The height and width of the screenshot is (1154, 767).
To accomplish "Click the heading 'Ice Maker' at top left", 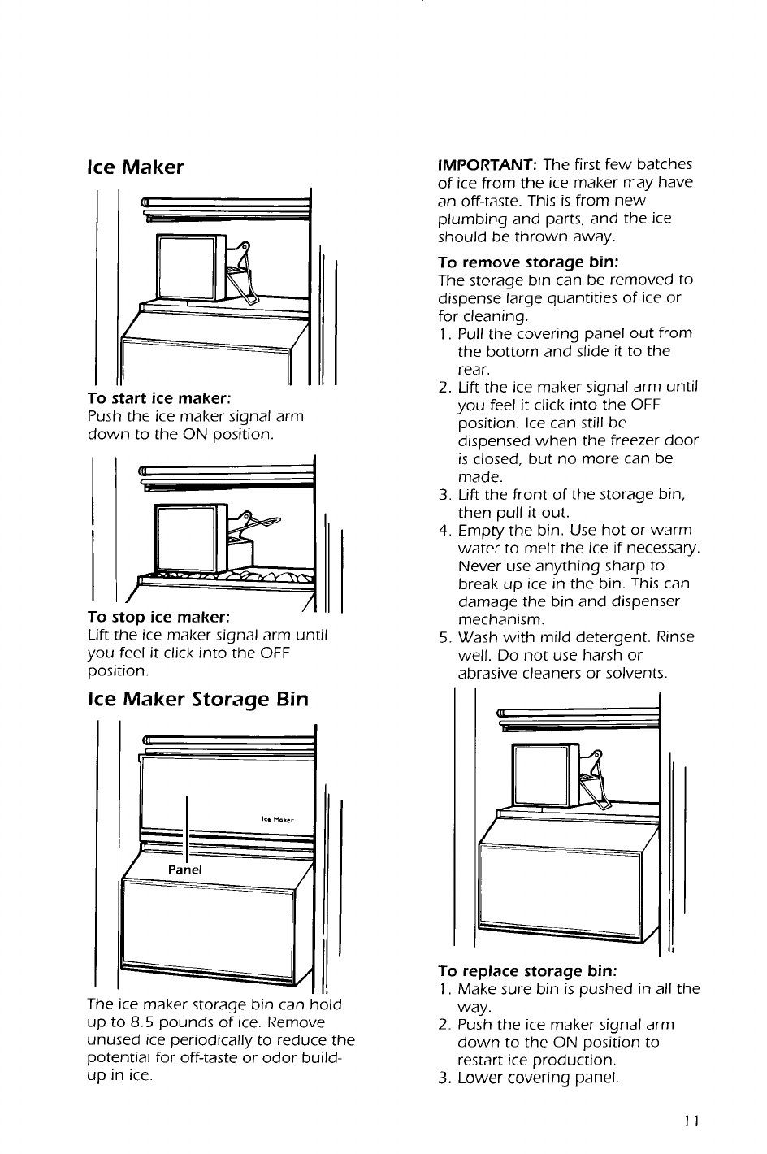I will pyautogui.click(x=136, y=167).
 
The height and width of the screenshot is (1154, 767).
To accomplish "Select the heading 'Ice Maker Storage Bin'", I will pyautogui.click(x=198, y=700).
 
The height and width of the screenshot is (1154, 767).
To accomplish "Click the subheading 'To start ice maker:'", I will pyautogui.click(x=160, y=399).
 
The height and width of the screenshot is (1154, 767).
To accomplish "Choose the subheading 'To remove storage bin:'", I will pyautogui.click(x=529, y=262).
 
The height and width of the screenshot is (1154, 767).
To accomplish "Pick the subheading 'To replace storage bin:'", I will pyautogui.click(x=527, y=971).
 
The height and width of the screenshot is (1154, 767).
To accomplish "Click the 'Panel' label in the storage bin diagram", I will pyautogui.click(x=185, y=869).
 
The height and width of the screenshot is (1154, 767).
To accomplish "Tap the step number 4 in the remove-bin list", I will pyautogui.click(x=444, y=531).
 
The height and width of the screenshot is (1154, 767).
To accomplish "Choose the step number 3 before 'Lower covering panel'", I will pyautogui.click(x=443, y=1078).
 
